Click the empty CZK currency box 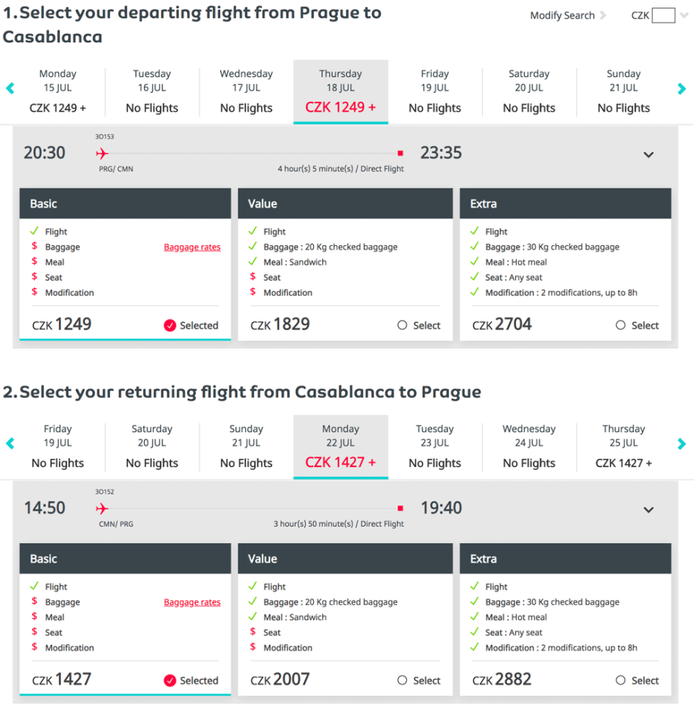point(663,16)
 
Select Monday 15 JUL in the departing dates point(57,91)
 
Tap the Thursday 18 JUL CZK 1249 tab point(340,91)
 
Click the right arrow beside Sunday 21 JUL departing point(682,89)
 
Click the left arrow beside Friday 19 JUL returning point(10,444)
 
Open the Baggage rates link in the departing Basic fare point(192,247)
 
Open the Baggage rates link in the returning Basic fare point(192,603)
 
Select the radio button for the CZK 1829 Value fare point(402,325)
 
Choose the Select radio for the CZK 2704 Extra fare point(621,325)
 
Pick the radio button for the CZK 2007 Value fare point(402,681)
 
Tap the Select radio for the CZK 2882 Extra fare point(621,681)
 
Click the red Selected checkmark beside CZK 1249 point(170,326)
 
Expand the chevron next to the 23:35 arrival point(648,155)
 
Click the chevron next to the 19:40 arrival point(648,510)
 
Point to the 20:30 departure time point(45,153)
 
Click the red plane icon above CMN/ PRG point(103,509)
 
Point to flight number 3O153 point(104,137)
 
